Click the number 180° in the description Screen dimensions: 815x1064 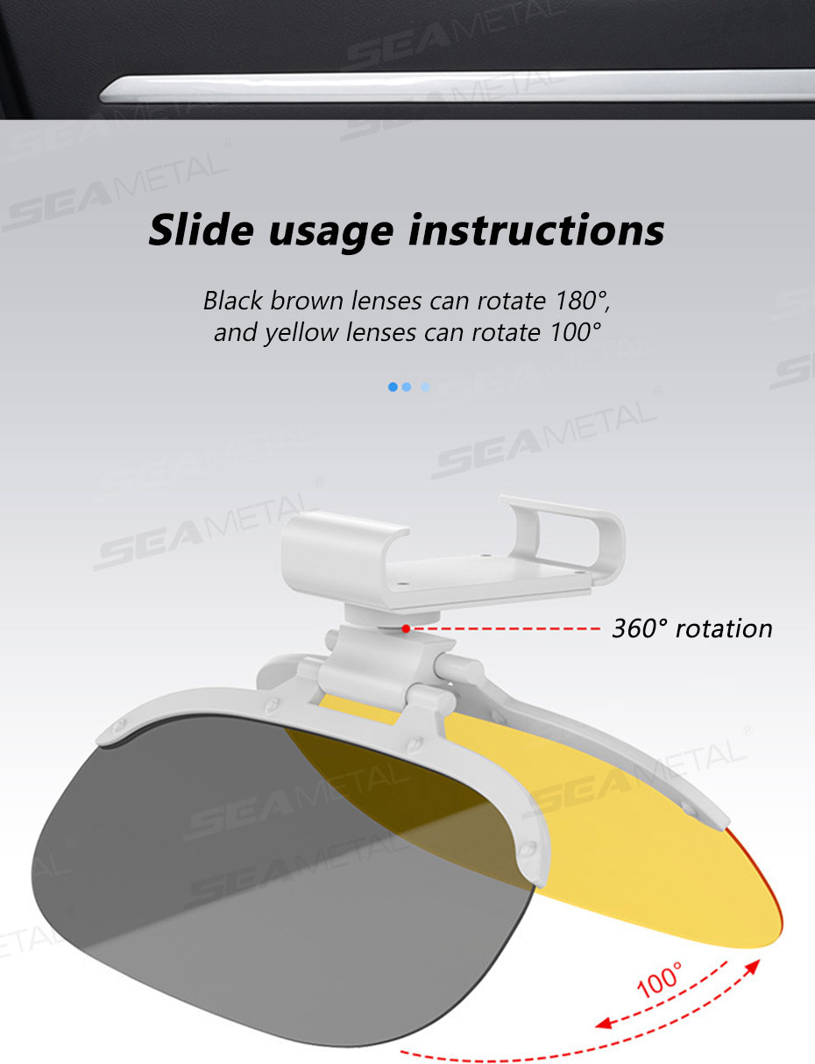[583, 300]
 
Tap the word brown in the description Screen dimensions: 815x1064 [307, 300]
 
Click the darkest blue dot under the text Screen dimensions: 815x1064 [393, 387]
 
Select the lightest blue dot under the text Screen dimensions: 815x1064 [425, 387]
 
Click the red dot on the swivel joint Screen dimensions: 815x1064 [406, 628]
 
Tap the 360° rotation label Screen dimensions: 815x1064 [692, 628]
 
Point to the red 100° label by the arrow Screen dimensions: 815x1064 [659, 980]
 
